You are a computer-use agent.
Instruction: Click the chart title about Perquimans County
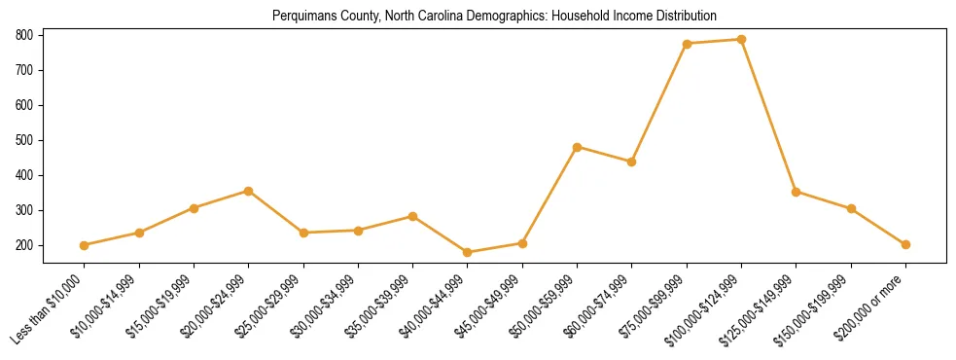[480, 17]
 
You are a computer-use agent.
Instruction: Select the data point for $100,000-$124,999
[742, 40]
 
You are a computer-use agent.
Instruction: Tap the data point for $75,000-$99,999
[688, 44]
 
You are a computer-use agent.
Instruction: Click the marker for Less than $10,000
[85, 245]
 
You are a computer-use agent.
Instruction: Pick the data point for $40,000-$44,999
[468, 252]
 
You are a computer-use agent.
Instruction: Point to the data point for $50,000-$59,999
[578, 147]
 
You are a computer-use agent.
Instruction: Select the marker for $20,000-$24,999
[249, 191]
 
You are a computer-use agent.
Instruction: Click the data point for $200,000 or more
[906, 244]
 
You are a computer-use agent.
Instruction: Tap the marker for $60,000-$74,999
[632, 162]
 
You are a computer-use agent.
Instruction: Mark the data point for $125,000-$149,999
[797, 192]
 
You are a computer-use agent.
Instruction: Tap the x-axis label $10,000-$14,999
[104, 308]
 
